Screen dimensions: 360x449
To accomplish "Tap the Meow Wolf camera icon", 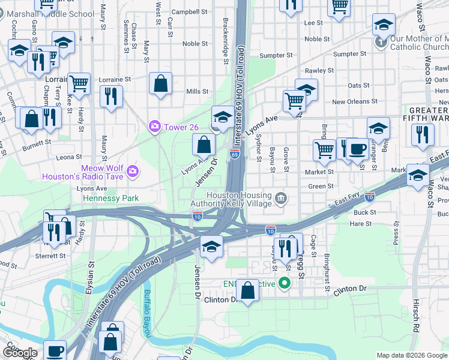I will click(132, 172).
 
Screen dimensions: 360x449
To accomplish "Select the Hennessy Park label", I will click(111, 198).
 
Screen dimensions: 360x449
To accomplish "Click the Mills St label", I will click(197, 92).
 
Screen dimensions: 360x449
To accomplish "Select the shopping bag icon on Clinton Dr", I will click(247, 292).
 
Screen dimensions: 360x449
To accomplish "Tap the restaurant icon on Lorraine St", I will click(111, 96).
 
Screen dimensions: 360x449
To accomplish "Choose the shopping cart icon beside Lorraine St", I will click(79, 83).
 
